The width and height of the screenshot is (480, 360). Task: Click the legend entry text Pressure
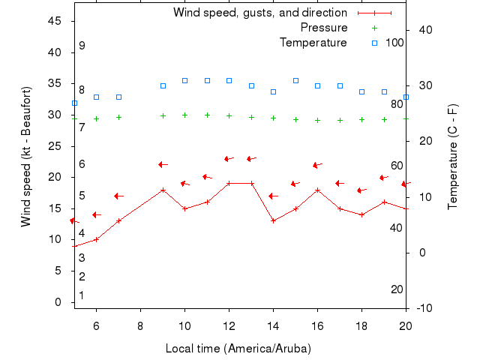click(x=324, y=28)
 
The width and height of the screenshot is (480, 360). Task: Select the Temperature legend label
click(x=313, y=43)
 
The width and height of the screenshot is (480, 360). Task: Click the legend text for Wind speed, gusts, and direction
click(x=260, y=13)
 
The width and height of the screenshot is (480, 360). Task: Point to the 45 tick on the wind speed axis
click(x=55, y=21)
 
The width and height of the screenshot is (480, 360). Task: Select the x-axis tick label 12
click(x=229, y=325)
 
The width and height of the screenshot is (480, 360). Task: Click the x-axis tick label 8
click(x=140, y=325)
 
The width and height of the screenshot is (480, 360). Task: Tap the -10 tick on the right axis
click(x=424, y=308)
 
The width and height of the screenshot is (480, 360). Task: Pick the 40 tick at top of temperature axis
click(x=422, y=30)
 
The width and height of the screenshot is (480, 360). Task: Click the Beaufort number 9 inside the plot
click(x=82, y=46)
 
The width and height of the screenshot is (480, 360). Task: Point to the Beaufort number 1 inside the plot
click(x=82, y=295)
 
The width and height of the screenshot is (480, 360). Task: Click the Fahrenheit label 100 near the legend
click(x=394, y=43)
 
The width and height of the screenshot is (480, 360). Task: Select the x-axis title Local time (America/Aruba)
click(x=238, y=349)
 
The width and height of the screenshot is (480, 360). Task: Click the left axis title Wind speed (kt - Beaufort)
click(x=26, y=156)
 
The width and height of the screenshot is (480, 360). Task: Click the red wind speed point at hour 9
click(x=163, y=190)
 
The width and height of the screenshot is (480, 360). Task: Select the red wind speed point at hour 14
click(x=273, y=220)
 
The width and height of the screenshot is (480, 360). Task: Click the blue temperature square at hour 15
click(x=295, y=80)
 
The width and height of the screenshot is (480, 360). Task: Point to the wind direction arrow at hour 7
click(x=118, y=196)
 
